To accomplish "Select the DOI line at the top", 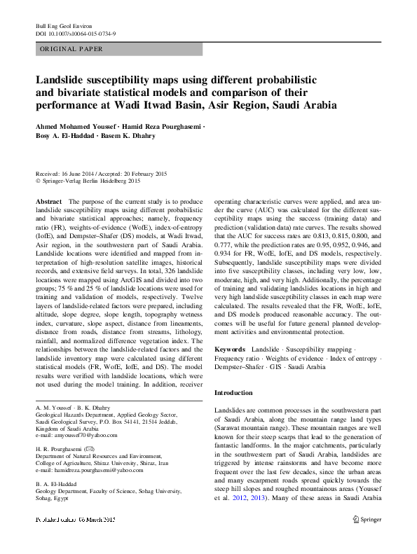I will [75, 33].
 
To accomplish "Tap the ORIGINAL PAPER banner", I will [71, 49].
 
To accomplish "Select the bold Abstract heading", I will [48, 201].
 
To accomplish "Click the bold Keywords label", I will [229, 348].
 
